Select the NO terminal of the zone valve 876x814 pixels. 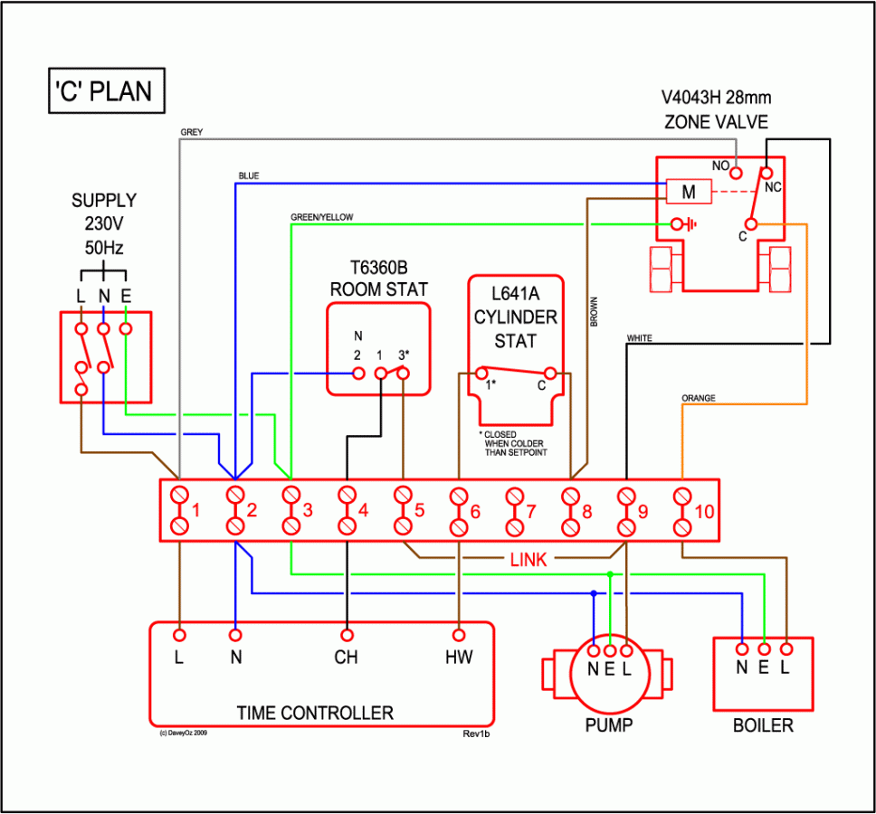[x=738, y=172]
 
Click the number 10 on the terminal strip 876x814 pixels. [x=704, y=512]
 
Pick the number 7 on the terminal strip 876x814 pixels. [x=531, y=512]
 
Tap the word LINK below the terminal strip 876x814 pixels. [x=528, y=560]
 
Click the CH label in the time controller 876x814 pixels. [x=346, y=658]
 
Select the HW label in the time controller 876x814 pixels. [x=459, y=658]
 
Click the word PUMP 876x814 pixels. [x=608, y=725]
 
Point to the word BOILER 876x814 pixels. [x=764, y=725]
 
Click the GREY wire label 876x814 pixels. [x=191, y=132]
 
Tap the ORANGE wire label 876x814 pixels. [x=698, y=398]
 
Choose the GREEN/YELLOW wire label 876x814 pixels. [x=321, y=218]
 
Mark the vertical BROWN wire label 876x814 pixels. [x=595, y=312]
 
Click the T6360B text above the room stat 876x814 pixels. [x=378, y=269]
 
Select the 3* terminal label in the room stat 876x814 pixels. [x=404, y=354]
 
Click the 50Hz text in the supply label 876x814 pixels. [x=103, y=247]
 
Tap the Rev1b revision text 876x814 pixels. [x=476, y=734]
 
